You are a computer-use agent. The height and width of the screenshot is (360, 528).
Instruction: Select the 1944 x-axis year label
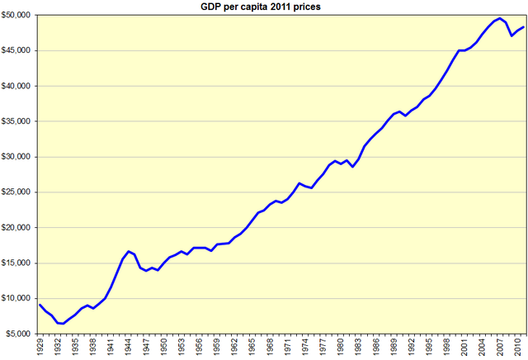(129, 348)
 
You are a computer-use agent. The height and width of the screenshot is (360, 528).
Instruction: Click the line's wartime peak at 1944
(129, 251)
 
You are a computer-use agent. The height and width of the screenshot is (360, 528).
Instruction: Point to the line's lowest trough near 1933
(63, 324)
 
